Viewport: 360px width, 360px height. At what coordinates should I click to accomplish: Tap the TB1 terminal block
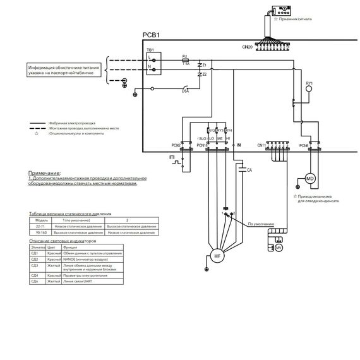pyautogui.click(x=152, y=62)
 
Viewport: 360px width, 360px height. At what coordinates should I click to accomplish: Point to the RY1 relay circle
pyautogui.click(x=309, y=89)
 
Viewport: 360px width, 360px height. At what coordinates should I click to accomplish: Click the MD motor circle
pyautogui.click(x=310, y=179)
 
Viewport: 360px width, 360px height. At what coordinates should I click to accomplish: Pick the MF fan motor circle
pyautogui.click(x=217, y=256)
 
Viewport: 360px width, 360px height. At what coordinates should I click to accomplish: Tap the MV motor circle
pyautogui.click(x=278, y=248)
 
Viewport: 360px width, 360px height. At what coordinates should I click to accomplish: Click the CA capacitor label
pyautogui.click(x=249, y=170)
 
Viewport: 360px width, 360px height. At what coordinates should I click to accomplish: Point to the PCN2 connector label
pyautogui.click(x=176, y=146)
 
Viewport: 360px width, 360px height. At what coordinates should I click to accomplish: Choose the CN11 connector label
pyautogui.click(x=262, y=145)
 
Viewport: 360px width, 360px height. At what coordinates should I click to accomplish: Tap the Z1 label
pyautogui.click(x=204, y=65)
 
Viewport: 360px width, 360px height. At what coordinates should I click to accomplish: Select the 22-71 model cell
pyautogui.click(x=40, y=225)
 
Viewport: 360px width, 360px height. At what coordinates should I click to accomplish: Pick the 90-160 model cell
pyautogui.click(x=40, y=232)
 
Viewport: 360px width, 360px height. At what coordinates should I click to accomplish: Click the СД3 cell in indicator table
pyautogui.click(x=35, y=266)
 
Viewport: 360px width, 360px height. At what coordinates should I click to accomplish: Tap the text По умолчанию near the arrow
pyautogui.click(x=260, y=224)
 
